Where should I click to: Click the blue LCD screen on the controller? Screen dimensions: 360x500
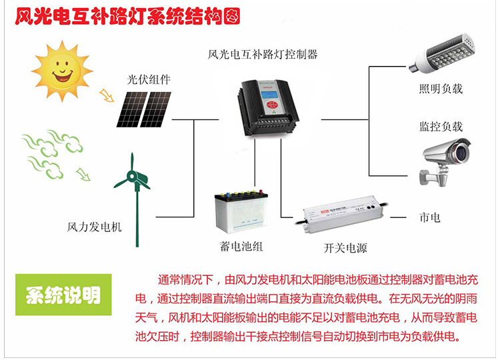pyautogui.click(x=269, y=97)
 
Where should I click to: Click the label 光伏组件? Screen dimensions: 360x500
pyautogui.click(x=149, y=79)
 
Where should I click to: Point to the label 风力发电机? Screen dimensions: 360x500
pyautogui.click(x=95, y=227)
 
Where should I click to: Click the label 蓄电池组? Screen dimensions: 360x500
pyautogui.click(x=241, y=246)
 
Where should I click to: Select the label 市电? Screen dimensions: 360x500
pyautogui.click(x=429, y=217)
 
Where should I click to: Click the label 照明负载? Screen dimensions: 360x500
pyautogui.click(x=441, y=89)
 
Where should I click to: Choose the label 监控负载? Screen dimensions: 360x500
pyautogui.click(x=441, y=126)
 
